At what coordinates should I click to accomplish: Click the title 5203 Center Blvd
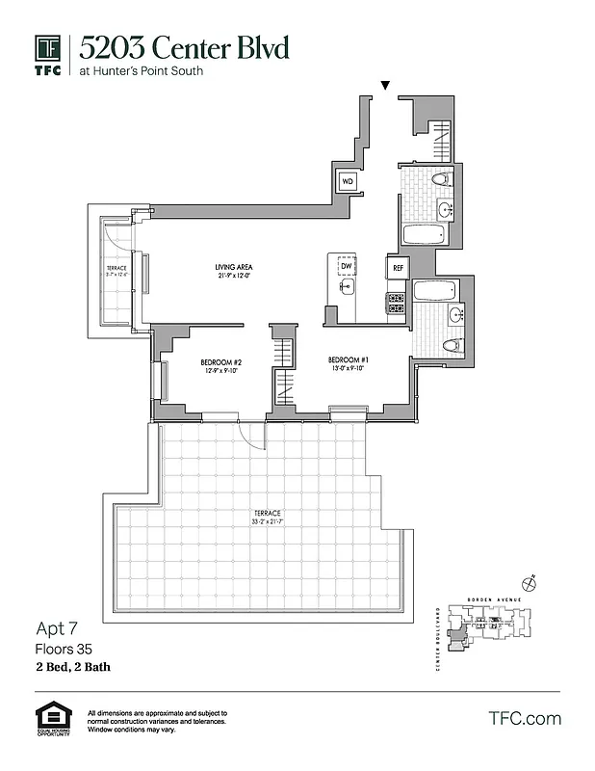pyautogui.click(x=183, y=46)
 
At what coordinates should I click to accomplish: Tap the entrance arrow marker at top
pyautogui.click(x=386, y=87)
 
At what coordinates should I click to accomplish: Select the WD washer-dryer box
pyautogui.click(x=348, y=180)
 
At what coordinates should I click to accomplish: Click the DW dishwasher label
pyautogui.click(x=345, y=266)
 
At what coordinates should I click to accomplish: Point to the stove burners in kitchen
pyautogui.click(x=396, y=303)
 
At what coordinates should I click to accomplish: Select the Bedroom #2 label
pyautogui.click(x=219, y=362)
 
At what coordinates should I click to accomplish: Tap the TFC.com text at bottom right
pyautogui.click(x=524, y=718)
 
